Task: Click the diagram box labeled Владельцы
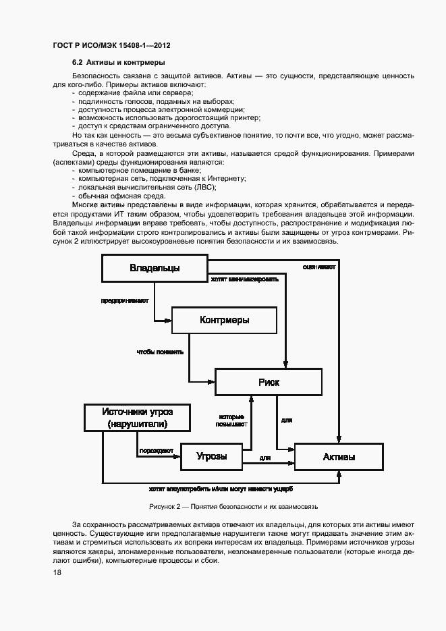click(155, 269)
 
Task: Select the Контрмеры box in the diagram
click(224, 320)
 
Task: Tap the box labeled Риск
click(269, 382)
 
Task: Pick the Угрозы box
click(211, 457)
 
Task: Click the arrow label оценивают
click(319, 267)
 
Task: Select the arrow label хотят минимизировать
click(244, 278)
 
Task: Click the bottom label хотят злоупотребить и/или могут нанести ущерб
click(221, 489)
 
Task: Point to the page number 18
click(57, 572)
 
